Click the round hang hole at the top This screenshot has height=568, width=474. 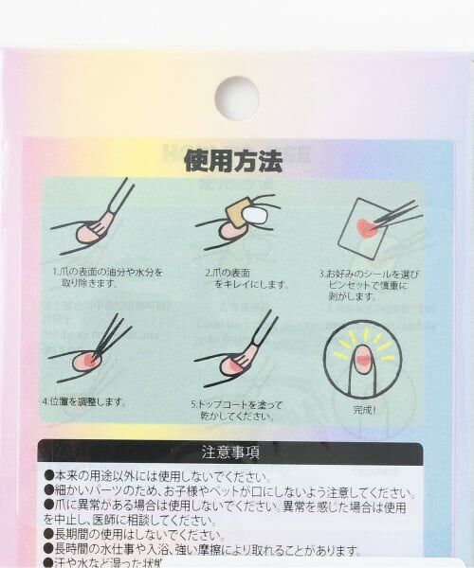click(236, 98)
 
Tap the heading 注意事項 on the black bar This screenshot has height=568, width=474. click(230, 452)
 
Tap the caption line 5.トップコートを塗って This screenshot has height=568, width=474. click(238, 401)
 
